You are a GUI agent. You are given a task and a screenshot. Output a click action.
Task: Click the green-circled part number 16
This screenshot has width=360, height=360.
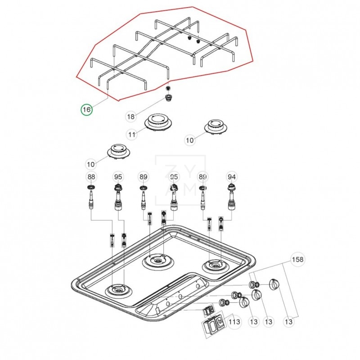pyautogui.click(x=86, y=109)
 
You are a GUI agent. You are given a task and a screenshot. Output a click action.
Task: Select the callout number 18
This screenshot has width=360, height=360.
pyautogui.click(x=130, y=117)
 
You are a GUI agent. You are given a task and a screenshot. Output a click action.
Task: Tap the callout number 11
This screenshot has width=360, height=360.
pyautogui.click(x=131, y=134)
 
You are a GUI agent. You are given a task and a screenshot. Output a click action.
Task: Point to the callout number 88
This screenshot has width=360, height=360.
pyautogui.click(x=91, y=177)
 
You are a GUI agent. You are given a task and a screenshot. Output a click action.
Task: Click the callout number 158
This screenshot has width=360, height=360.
pyautogui.click(x=297, y=260)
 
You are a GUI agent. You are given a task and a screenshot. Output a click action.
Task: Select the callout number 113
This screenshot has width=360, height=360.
pyautogui.click(x=234, y=322)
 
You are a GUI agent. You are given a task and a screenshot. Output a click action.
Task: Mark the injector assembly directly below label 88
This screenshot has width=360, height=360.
pyautogui.click(x=91, y=198)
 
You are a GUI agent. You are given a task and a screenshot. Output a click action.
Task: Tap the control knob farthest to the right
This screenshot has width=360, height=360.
pyautogui.click(x=274, y=285)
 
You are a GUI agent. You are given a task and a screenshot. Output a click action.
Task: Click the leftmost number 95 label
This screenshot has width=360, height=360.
pyautogui.click(x=118, y=177)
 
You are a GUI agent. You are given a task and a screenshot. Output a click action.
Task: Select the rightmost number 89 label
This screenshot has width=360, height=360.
pyautogui.click(x=202, y=177)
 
